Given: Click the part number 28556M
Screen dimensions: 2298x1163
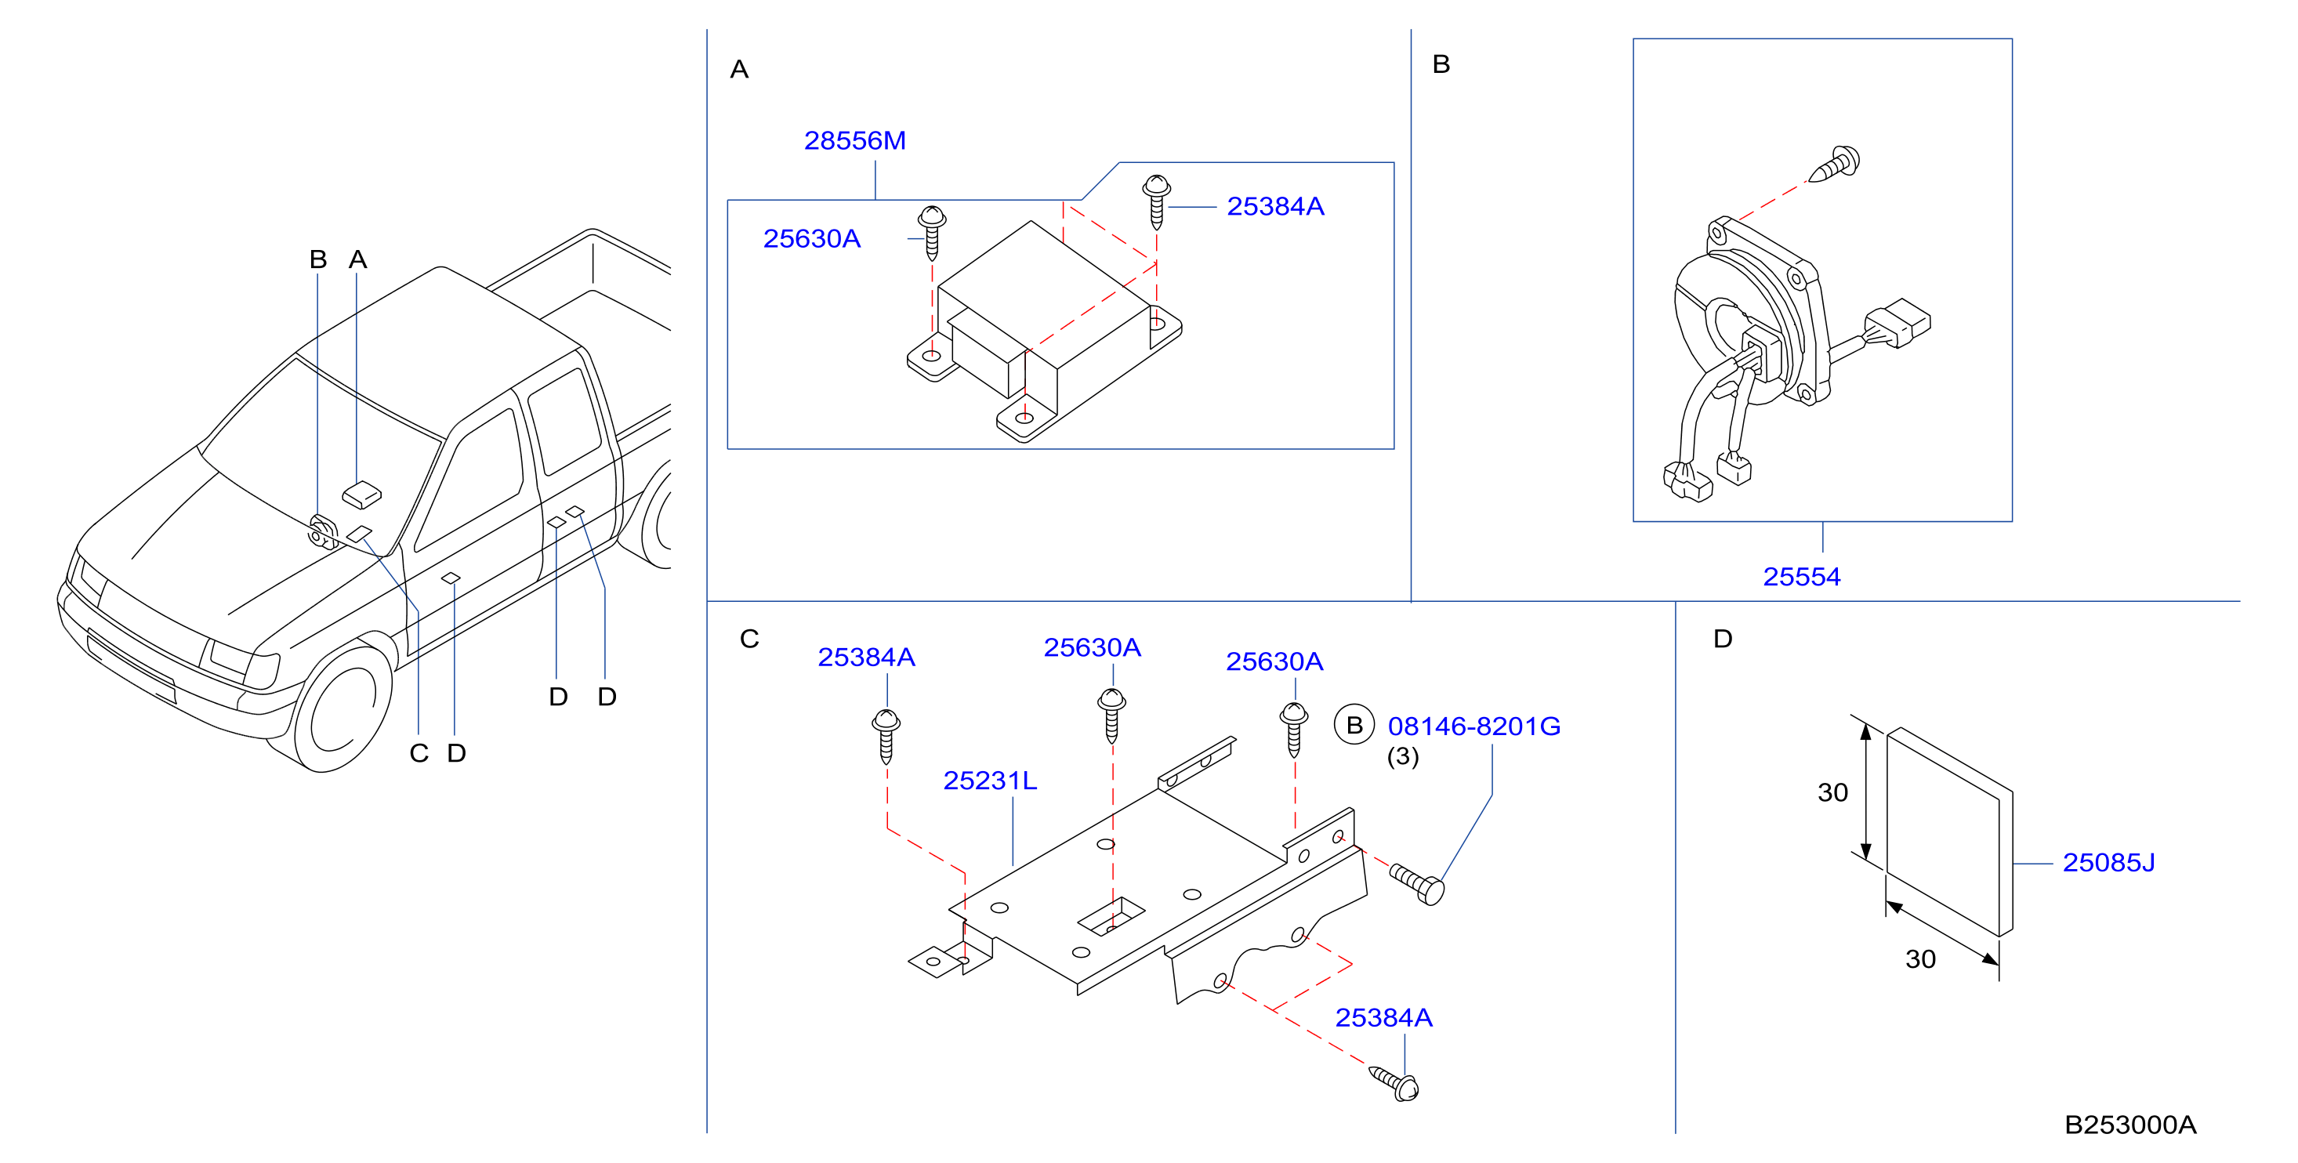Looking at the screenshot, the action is (854, 141).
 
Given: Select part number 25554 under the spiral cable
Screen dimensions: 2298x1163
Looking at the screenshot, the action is (1801, 577).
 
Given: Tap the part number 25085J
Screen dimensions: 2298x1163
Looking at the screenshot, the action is (2108, 862).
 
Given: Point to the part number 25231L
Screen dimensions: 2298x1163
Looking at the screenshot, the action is (990, 781).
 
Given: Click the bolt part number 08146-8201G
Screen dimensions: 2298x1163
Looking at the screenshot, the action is (1473, 726).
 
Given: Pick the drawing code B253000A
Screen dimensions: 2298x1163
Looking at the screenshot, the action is (2130, 1125).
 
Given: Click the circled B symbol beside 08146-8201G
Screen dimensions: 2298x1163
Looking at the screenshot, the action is (1354, 725).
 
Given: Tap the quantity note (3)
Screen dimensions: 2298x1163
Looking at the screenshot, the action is (1402, 756).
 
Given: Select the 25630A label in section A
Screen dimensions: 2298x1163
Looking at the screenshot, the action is (812, 239).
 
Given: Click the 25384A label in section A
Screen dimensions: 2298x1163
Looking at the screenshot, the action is (1276, 207).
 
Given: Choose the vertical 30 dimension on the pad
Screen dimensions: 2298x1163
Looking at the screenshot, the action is (1832, 792).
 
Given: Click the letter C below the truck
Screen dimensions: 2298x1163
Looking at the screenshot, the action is (419, 754).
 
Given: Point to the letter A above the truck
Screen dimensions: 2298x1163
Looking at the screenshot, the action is (357, 259).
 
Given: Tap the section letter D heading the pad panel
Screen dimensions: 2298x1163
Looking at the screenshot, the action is (1723, 639).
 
